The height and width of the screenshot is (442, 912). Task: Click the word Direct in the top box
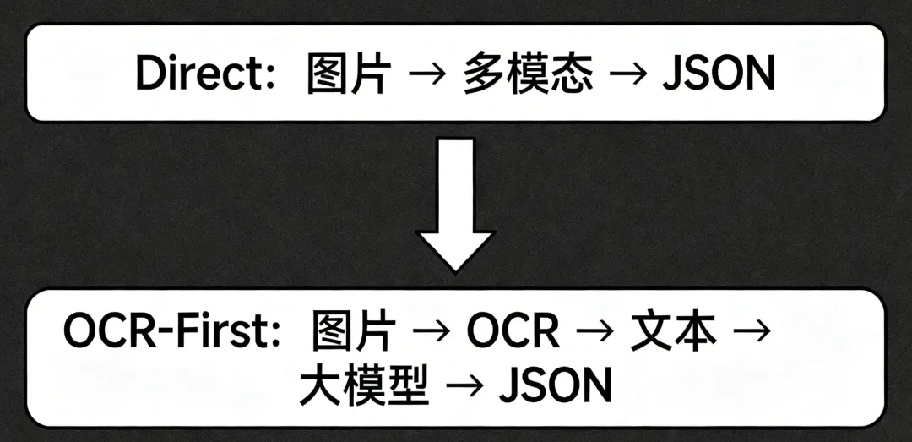(x=200, y=74)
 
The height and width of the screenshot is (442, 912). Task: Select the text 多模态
(x=528, y=74)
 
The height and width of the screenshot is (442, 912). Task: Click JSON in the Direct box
(x=718, y=74)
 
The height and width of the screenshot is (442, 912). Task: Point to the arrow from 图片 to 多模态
(x=426, y=75)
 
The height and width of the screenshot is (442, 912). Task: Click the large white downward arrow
(x=455, y=208)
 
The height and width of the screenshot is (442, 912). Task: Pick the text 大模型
(x=364, y=385)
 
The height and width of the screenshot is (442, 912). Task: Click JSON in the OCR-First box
(x=555, y=385)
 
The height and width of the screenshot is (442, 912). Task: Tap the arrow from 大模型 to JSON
(x=464, y=386)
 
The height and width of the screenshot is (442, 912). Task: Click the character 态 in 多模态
(x=572, y=74)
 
